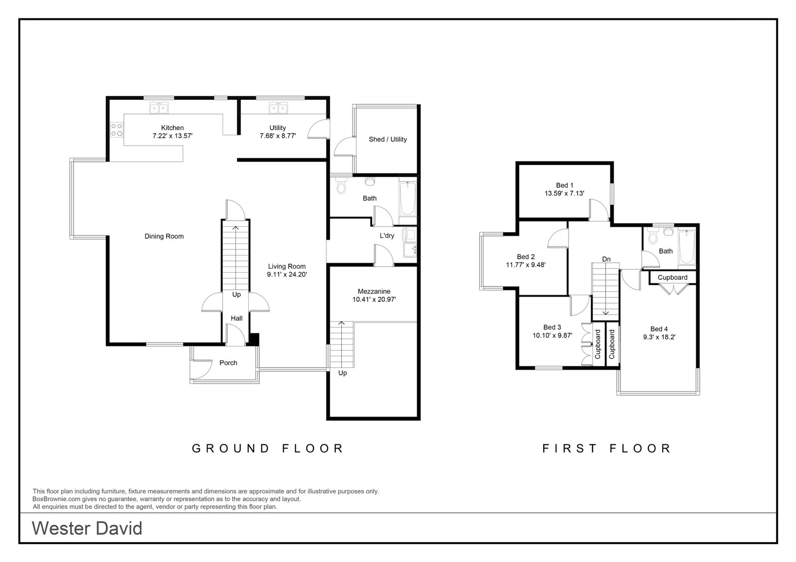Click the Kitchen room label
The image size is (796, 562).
point(172,128)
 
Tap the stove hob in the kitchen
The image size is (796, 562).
point(116,130)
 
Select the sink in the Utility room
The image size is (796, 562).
point(278,108)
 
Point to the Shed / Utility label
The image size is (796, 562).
point(388,140)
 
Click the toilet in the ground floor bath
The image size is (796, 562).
point(341,185)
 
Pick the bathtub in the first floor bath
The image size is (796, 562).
point(687,247)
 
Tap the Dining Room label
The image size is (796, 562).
point(164,237)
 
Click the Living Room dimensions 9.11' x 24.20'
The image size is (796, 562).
point(287,274)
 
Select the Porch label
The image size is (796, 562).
point(228,363)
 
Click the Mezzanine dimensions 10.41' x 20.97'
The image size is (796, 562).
point(374,299)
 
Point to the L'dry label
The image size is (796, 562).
point(387,236)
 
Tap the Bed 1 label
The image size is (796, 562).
point(565,185)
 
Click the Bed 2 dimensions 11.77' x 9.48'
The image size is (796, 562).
point(525,264)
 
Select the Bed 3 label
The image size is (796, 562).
point(552,327)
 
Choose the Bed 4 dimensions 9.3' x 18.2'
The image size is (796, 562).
point(659,337)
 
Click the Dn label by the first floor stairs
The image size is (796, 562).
point(606,259)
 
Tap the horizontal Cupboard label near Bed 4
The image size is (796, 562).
point(672,278)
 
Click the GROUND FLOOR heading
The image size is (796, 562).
point(268,448)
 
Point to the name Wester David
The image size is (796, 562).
point(87,528)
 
